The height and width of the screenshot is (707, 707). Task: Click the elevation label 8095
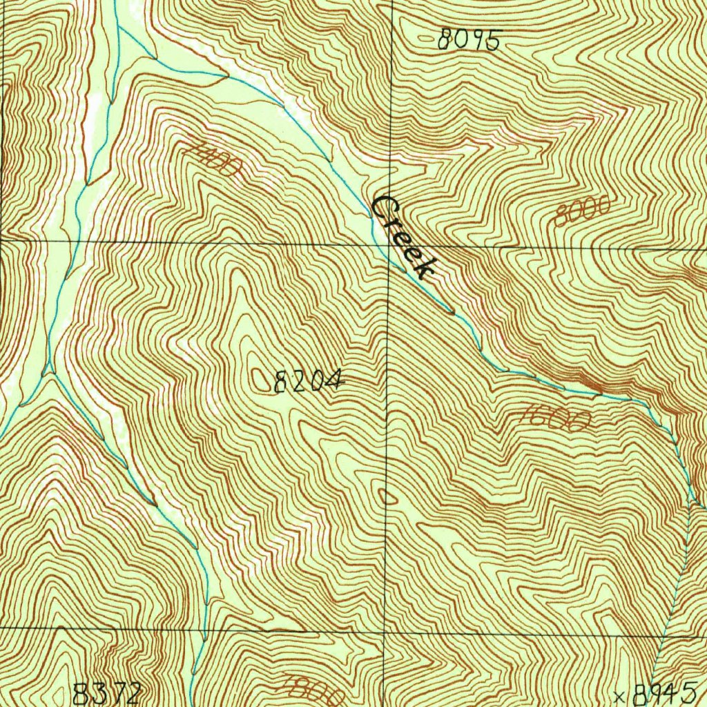(x=468, y=41)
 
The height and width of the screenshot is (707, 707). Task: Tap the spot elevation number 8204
(x=308, y=380)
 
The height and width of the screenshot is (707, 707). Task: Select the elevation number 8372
(x=108, y=693)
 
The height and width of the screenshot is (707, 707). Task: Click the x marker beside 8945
(x=619, y=695)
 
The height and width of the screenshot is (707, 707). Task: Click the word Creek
(x=405, y=237)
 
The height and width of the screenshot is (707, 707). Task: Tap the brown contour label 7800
(x=314, y=687)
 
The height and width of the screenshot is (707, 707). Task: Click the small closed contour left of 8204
(x=262, y=380)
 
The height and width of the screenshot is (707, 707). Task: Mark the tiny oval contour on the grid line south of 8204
(x=386, y=496)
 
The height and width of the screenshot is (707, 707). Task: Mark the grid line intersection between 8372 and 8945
(x=385, y=630)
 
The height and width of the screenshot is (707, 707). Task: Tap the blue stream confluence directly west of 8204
(x=48, y=374)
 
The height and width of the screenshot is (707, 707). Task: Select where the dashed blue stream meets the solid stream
(x=690, y=501)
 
